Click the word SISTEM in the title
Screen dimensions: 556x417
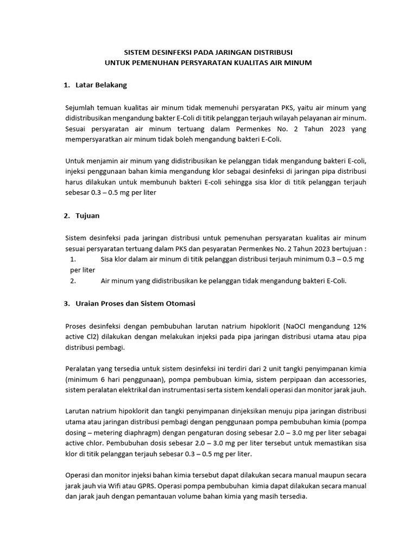click(137, 53)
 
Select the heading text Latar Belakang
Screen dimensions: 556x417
click(102, 85)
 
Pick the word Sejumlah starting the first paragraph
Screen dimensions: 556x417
click(80, 107)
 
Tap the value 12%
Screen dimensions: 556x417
click(358, 326)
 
